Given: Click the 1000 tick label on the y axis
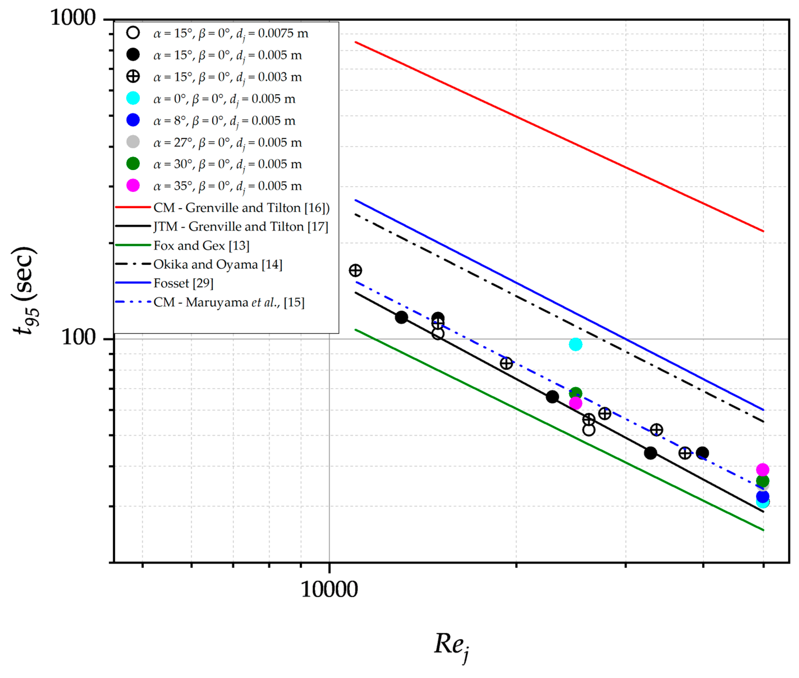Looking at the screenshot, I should [73, 18].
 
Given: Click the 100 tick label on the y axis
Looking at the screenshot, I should [78, 337].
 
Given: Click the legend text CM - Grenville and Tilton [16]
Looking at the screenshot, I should [241, 208].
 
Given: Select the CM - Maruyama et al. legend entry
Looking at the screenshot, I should [229, 302].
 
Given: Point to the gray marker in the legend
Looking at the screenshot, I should [133, 142].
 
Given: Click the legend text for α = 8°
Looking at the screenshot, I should [224, 121].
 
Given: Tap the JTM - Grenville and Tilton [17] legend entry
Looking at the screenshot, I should [241, 226].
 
